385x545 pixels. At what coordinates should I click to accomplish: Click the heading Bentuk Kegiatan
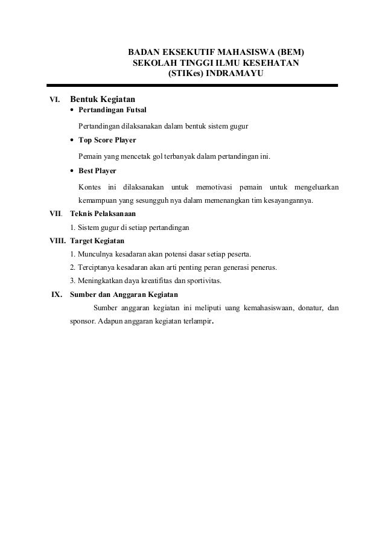click(103, 98)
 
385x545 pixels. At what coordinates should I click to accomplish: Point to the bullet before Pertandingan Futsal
click(73, 110)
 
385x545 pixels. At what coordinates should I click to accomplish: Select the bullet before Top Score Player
click(73, 141)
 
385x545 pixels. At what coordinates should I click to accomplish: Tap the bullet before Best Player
click(73, 171)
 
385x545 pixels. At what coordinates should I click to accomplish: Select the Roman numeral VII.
click(57, 214)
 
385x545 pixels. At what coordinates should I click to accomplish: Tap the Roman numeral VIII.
click(58, 240)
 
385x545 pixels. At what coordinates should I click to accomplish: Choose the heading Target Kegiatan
click(97, 240)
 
